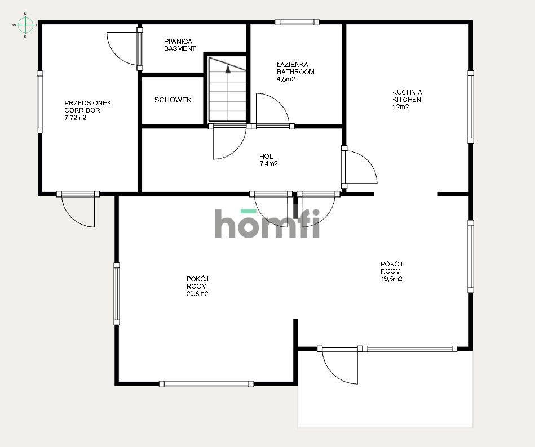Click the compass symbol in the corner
(25, 25)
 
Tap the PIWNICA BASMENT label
(180, 45)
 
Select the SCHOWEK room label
(173, 100)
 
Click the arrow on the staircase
(228, 69)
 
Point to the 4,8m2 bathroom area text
(286, 79)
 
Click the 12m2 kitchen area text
(401, 107)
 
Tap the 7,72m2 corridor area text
(75, 118)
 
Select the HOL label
(266, 157)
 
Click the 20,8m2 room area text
(197, 294)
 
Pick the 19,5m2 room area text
(391, 279)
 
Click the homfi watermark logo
(267, 223)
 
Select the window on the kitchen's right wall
(471, 106)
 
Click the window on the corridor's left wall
(40, 102)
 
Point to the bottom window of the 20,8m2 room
(206, 384)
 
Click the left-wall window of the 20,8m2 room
(117, 293)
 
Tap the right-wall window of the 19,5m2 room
(471, 256)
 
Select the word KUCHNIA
(408, 92)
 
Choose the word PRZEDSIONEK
(88, 103)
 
